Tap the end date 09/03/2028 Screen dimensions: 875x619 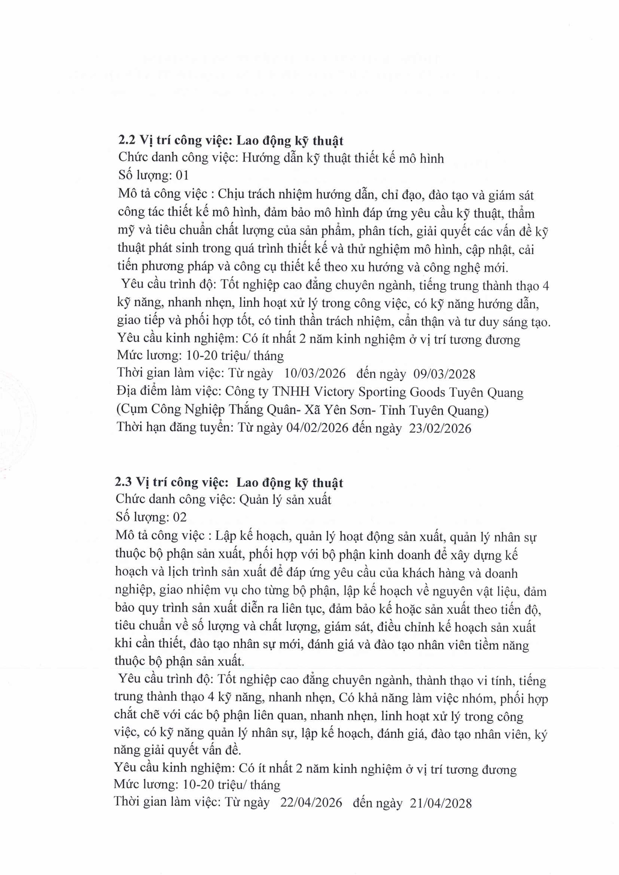444,374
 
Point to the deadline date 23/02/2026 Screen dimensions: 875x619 440,429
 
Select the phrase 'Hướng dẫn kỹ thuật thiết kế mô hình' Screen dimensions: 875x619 343,158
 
